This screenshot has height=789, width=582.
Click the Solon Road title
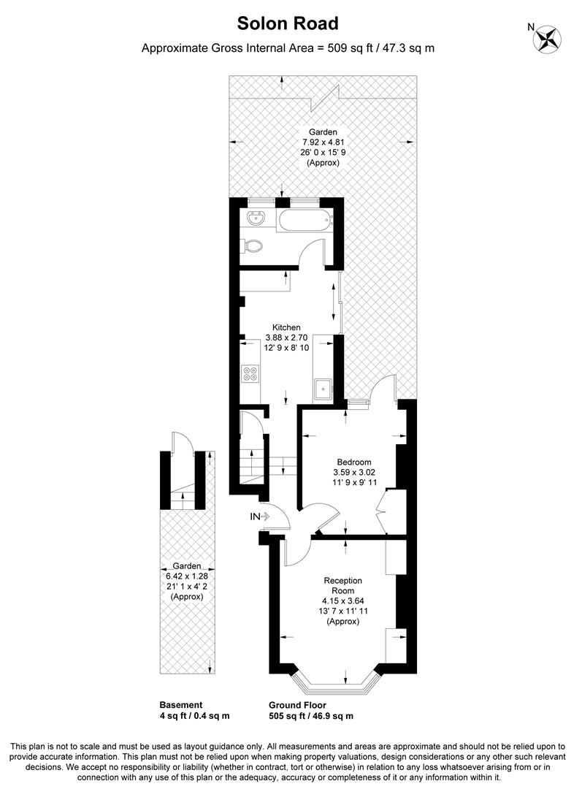click(x=288, y=23)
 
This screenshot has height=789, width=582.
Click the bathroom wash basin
click(x=256, y=218)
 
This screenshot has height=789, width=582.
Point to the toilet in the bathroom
click(x=253, y=246)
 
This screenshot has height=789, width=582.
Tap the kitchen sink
click(x=323, y=389)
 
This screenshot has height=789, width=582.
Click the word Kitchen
click(x=286, y=327)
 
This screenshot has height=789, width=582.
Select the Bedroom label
click(x=354, y=462)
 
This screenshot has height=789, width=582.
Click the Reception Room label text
click(x=342, y=586)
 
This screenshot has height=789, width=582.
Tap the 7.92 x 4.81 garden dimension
click(x=323, y=142)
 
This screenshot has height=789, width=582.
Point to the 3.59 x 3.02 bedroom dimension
click(x=354, y=472)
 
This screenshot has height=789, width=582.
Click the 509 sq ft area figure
click(x=347, y=49)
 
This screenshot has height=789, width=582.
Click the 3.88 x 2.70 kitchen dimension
click(x=286, y=338)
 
